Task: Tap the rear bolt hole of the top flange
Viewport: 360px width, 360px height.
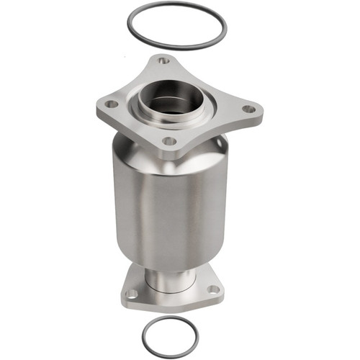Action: [x=164, y=61]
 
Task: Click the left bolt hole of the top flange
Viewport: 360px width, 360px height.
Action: [x=112, y=104]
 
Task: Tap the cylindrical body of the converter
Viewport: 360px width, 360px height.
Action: [x=173, y=209]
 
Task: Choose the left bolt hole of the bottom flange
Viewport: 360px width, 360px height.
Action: [x=132, y=293]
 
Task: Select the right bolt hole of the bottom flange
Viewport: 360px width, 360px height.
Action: [x=213, y=289]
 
